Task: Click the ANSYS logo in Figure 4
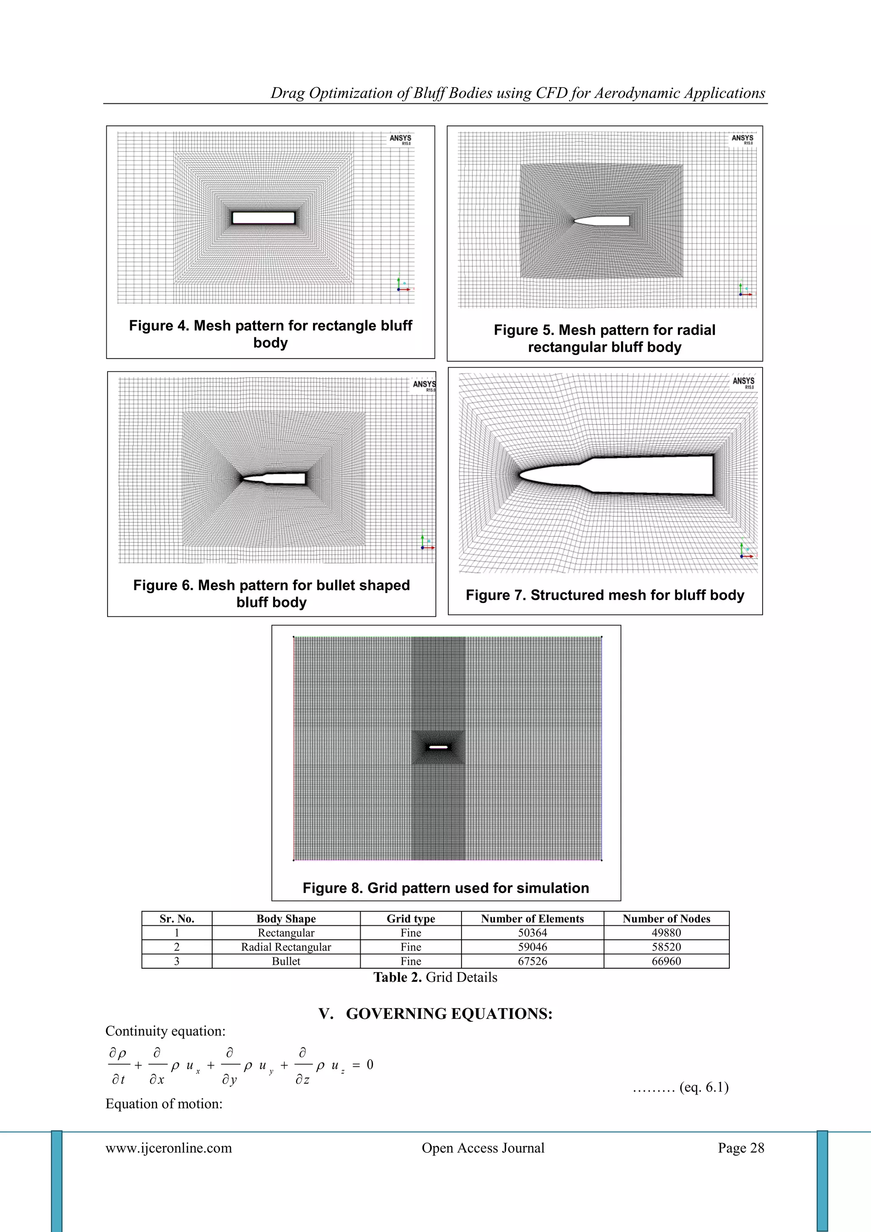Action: coord(400,139)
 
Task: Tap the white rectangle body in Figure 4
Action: coord(263,218)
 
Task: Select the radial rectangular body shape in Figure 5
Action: coord(602,220)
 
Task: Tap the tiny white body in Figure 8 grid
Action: coord(438,747)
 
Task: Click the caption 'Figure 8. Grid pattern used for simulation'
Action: coord(446,888)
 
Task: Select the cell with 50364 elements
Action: coord(532,933)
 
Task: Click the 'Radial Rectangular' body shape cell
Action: coord(286,947)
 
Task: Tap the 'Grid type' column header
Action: coord(411,918)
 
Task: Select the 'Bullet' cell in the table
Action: coord(286,961)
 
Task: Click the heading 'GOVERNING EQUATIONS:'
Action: coord(449,1014)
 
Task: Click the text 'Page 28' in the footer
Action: coord(741,1148)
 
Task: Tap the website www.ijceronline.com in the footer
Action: coord(168,1148)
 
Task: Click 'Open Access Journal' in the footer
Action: coord(483,1148)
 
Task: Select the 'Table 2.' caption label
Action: coord(397,977)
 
